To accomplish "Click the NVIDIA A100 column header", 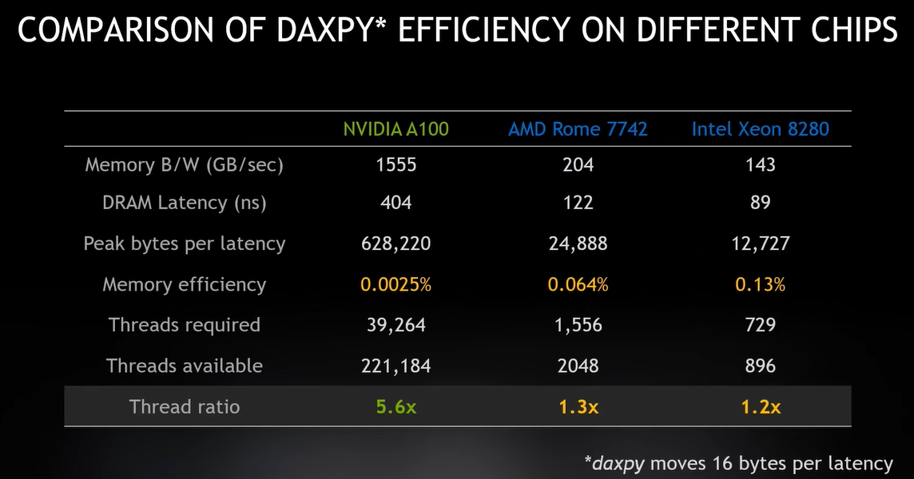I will (395, 129).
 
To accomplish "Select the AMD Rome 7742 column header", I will (578, 129).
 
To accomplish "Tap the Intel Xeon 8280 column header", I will (760, 129).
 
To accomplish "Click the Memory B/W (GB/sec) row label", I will (185, 164).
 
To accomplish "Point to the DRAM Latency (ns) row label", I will (185, 203).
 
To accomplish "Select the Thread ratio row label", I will (185, 406).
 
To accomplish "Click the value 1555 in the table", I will (395, 164).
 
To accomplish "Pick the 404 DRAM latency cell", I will (395, 203).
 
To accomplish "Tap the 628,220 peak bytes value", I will (395, 243).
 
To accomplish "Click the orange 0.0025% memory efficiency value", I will (395, 284).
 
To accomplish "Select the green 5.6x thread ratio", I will (395, 406).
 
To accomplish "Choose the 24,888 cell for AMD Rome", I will (578, 243).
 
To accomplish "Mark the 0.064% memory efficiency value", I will (578, 284).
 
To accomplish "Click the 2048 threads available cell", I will (578, 366).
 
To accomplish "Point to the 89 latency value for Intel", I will (760, 203).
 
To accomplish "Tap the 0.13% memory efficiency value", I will (760, 284).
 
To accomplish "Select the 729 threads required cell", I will (760, 325).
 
